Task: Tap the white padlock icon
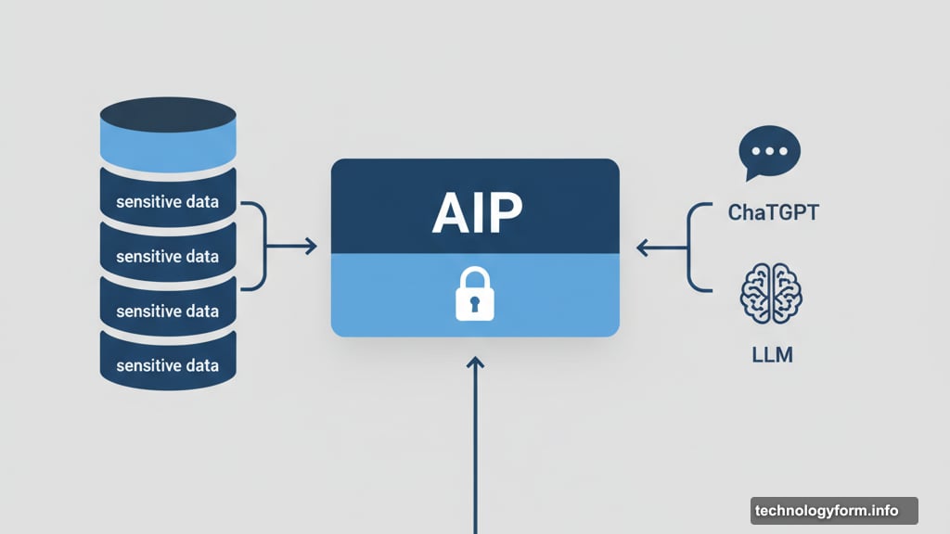point(475,295)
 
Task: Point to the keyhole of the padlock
point(475,302)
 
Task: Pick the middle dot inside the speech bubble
point(769,151)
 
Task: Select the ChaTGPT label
point(773,213)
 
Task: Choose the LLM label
point(771,353)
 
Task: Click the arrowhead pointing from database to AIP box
point(312,247)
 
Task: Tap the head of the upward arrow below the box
point(475,364)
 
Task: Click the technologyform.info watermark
point(827,511)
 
